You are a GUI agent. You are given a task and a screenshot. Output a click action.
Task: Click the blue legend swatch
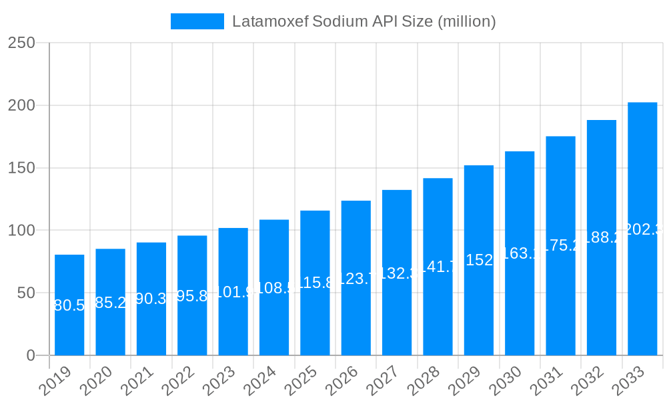(197, 21)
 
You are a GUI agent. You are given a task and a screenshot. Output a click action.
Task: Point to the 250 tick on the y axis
(21, 43)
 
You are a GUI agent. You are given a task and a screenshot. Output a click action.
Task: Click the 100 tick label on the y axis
(21, 231)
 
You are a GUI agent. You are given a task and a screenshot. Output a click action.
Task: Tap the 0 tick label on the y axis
(31, 355)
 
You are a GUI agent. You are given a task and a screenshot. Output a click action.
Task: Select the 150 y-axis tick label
(21, 168)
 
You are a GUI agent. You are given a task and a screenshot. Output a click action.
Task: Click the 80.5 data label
(69, 305)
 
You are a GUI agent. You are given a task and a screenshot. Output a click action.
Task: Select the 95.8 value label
(192, 296)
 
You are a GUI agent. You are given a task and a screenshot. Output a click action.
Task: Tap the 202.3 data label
(642, 229)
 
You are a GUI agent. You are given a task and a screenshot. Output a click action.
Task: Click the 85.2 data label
(111, 303)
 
